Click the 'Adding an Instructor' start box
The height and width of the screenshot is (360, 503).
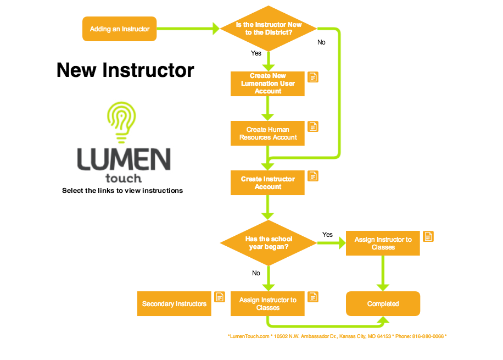click(119, 29)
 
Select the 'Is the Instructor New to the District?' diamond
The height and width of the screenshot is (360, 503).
click(268, 29)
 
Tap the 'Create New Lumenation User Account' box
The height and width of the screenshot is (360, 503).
click(267, 84)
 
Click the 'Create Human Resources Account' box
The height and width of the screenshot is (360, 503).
click(267, 134)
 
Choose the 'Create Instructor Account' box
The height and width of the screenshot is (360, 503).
click(267, 183)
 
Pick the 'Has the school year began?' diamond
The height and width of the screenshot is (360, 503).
click(268, 243)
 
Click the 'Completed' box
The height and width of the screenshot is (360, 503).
click(383, 304)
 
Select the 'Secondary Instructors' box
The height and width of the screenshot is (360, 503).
click(174, 304)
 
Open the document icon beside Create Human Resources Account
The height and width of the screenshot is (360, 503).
click(313, 126)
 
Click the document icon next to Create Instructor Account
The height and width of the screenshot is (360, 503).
click(313, 176)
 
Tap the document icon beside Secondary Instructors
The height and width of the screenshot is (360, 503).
click(220, 297)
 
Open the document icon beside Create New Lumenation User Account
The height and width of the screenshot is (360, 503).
click(313, 77)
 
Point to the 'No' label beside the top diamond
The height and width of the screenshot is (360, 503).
click(321, 42)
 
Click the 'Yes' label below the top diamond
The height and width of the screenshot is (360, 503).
click(256, 53)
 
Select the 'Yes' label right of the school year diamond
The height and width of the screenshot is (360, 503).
click(327, 234)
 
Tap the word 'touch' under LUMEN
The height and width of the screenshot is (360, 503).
click(123, 178)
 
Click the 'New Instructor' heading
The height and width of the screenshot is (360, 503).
click(125, 70)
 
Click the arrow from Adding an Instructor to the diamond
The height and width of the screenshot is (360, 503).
click(187, 29)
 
